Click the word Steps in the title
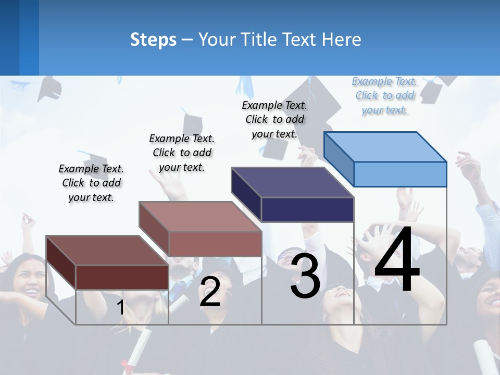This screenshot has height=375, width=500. pos(153,40)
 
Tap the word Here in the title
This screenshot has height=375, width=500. pos(342,40)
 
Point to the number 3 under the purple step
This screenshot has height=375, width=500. pos(305,276)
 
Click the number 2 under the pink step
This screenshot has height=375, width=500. pos(210,292)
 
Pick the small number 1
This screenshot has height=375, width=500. pos(120,307)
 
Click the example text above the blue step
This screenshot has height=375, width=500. pos(385,95)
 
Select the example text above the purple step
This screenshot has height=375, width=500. pos(274,119)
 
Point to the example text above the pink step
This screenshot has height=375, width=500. pos(182,153)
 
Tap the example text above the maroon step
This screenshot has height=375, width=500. pos(91,183)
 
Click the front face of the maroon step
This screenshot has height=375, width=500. pos(122,277)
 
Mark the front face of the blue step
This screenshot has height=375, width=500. pos(400,174)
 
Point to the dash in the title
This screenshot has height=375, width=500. pos(187,40)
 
